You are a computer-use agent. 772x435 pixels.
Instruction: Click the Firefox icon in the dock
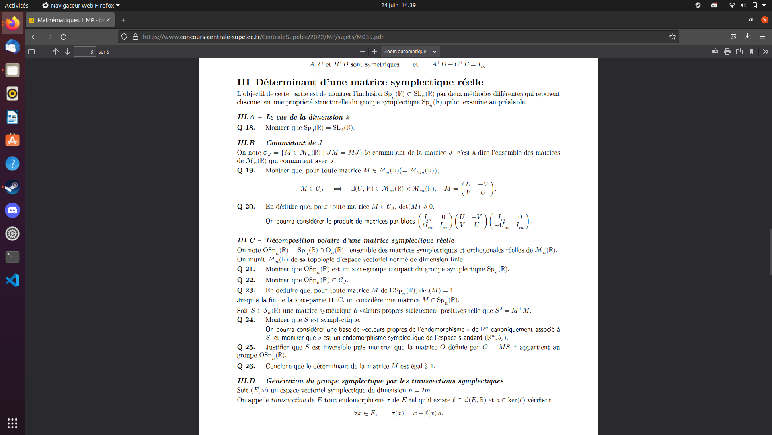pos(12,23)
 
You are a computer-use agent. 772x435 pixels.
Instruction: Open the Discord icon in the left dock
pos(12,210)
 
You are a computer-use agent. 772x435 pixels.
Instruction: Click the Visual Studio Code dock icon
pos(12,280)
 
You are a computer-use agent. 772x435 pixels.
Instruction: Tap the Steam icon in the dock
pos(12,187)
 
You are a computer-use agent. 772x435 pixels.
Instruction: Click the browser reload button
pos(64,37)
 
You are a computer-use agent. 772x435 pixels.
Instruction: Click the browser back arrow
pos(35,37)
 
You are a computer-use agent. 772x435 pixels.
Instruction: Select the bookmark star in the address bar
pos(673,37)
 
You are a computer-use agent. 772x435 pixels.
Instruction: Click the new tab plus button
pos(123,20)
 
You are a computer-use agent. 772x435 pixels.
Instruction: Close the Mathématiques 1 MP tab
pos(108,20)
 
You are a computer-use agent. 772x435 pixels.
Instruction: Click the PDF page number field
pos(85,52)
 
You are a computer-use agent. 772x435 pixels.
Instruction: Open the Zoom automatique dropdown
pos(410,52)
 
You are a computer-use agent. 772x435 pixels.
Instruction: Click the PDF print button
pos(727,52)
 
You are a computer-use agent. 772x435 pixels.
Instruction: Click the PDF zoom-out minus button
pos(363,52)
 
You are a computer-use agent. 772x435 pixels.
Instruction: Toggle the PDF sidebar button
pos(31,52)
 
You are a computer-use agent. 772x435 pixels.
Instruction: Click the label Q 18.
pos(246,128)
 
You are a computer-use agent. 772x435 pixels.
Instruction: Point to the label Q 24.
pos(246,320)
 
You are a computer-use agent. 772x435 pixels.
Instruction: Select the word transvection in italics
pos(288,400)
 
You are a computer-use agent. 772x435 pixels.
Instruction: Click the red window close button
pos(765,20)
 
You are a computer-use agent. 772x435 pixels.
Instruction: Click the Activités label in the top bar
pos(16,5)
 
